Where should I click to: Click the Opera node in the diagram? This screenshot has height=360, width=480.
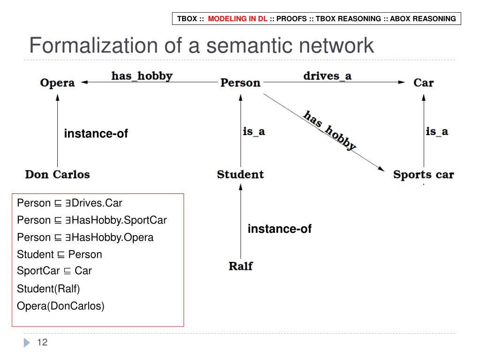[57, 83]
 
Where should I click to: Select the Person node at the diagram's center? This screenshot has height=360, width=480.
[240, 83]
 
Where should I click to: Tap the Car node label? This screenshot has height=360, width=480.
[423, 83]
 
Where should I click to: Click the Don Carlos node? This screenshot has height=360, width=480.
[57, 175]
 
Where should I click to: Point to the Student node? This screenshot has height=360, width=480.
[240, 175]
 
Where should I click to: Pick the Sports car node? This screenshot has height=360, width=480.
[423, 175]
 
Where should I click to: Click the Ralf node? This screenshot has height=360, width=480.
[240, 266]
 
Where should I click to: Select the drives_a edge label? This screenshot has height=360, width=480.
[327, 76]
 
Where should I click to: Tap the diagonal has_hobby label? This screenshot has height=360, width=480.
[330, 130]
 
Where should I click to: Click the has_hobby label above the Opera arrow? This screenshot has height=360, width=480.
[142, 76]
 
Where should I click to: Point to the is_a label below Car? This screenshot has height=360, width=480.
[437, 131]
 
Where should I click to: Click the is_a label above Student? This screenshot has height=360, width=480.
[254, 131]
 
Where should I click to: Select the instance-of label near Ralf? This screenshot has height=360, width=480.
[280, 229]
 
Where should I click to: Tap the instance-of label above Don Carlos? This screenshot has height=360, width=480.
[96, 134]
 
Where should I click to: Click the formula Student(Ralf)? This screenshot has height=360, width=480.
[48, 288]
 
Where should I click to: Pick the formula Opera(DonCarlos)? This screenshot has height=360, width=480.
[61, 306]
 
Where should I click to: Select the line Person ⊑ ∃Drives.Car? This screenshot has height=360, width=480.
[69, 203]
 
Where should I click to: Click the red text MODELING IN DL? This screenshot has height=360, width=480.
[237, 19]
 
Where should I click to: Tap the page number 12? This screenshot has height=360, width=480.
[42, 342]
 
